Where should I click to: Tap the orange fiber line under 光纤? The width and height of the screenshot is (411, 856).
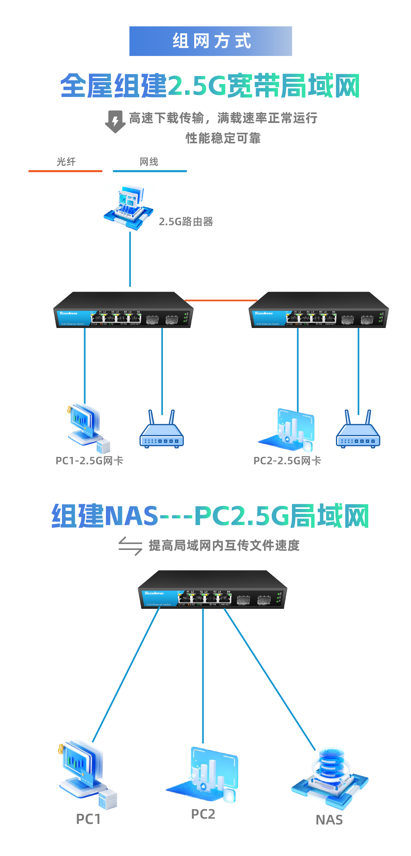(x=65, y=171)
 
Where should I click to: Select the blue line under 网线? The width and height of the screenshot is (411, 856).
(x=150, y=171)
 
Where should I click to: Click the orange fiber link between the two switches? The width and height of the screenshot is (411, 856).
(x=221, y=300)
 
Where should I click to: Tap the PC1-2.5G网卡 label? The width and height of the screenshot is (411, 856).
(x=89, y=461)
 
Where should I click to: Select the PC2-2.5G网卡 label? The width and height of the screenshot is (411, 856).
(x=287, y=461)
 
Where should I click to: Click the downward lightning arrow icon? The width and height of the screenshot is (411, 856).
(x=115, y=122)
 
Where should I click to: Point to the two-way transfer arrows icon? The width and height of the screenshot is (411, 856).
(x=130, y=546)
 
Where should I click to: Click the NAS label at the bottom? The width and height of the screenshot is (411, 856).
(x=329, y=820)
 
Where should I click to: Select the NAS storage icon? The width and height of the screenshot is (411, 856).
(x=330, y=778)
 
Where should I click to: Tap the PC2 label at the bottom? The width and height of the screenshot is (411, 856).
(x=203, y=814)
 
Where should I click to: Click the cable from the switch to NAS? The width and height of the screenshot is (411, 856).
(x=269, y=678)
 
